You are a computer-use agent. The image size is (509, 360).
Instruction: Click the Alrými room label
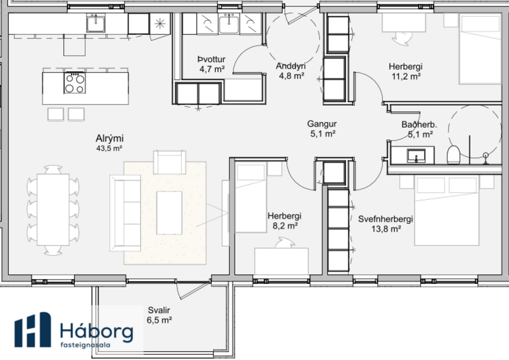point(110,138)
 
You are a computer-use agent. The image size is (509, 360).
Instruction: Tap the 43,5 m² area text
point(109,149)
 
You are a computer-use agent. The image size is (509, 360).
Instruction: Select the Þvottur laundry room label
point(211,59)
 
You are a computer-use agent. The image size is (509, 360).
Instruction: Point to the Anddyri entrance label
point(291,66)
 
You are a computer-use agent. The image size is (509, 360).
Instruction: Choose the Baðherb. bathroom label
point(419,125)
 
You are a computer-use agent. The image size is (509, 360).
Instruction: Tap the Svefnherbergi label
point(385,219)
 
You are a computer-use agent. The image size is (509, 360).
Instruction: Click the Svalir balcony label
point(159,309)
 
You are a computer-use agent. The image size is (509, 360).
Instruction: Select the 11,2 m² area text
point(405,76)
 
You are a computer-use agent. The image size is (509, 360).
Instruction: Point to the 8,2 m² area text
point(284,226)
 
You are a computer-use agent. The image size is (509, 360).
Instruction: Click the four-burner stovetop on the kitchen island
point(74,83)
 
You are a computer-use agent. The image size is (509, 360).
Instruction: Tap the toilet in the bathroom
point(454,155)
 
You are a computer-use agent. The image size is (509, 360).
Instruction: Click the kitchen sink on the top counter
point(96,23)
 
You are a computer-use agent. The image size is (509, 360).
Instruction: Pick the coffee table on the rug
point(169,212)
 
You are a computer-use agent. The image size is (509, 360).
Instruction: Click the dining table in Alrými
point(53,210)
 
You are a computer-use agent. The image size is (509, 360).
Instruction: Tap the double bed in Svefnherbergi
point(456,218)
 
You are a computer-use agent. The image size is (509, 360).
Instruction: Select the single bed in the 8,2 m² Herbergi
point(250,197)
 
